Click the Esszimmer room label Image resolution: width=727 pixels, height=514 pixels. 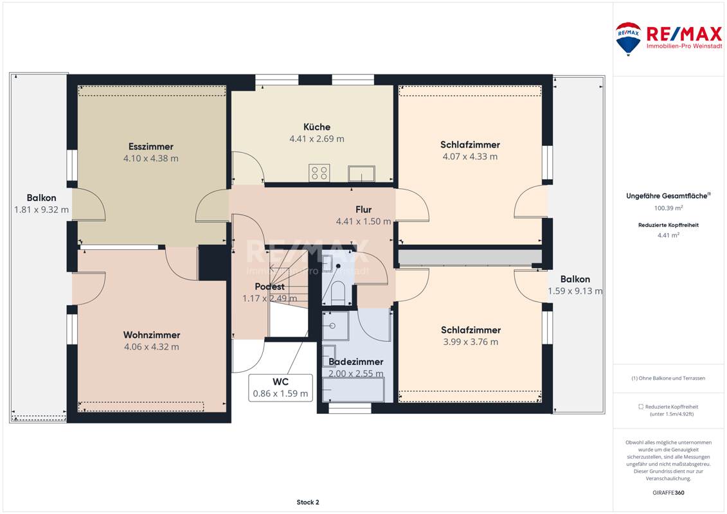click(x=150, y=146)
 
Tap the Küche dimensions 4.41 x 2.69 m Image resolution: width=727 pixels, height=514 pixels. click(x=317, y=139)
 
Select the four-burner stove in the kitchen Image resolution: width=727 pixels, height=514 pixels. click(x=319, y=173)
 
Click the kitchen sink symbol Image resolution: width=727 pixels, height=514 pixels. click(x=362, y=174)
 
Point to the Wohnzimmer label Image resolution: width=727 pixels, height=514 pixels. click(x=152, y=335)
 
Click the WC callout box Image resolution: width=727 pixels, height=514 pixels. click(x=280, y=388)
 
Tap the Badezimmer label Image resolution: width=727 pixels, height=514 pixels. click(x=356, y=362)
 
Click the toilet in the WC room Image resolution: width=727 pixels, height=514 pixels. click(x=337, y=292)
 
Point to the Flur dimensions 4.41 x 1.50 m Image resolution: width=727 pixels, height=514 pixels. click(x=364, y=222)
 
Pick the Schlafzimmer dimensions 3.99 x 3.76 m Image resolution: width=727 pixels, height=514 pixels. click(x=471, y=342)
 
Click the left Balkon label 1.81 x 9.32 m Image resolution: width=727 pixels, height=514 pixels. click(x=41, y=204)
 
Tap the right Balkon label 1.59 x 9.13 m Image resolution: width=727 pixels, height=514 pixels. click(x=575, y=285)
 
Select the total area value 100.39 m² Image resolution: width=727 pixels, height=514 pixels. click(x=668, y=208)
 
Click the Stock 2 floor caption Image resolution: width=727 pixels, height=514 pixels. click(x=308, y=502)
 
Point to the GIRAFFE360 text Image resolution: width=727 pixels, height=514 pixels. click(x=668, y=493)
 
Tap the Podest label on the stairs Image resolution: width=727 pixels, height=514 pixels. click(x=270, y=287)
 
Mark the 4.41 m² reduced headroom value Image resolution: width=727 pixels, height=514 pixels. click(x=668, y=235)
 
